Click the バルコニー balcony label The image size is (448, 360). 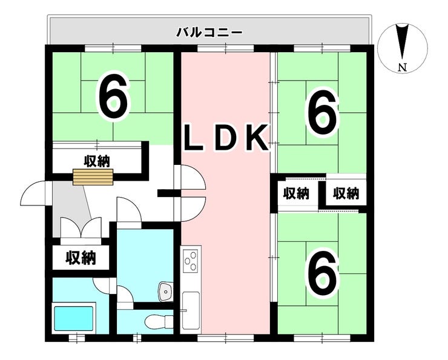click(x=209, y=32)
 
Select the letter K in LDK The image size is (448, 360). click(x=258, y=138)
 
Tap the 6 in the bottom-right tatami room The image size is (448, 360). click(x=322, y=274)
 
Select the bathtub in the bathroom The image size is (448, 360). click(x=74, y=318)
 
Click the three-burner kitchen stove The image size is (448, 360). click(x=191, y=259)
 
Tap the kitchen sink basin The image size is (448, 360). click(x=191, y=310)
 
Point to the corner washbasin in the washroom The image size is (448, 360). click(x=165, y=291)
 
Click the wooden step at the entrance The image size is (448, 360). click(x=93, y=177)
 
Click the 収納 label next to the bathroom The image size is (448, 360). click(x=81, y=258)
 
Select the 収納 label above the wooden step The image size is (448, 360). click(x=97, y=162)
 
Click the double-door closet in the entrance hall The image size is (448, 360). click(x=81, y=228)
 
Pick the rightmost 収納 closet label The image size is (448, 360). click(x=346, y=194)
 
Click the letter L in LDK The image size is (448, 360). click(x=194, y=138)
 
